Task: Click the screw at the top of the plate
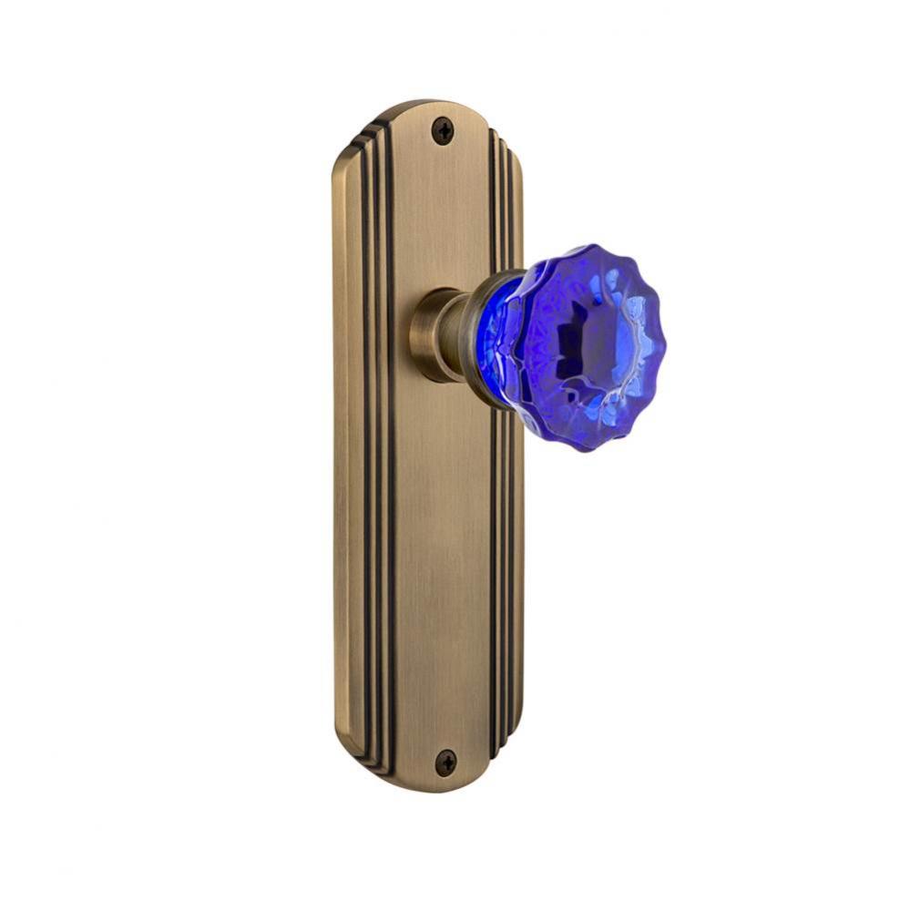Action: point(443,131)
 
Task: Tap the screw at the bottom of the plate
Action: point(445,761)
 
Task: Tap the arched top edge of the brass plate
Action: point(428,105)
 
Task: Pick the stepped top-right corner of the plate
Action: point(509,146)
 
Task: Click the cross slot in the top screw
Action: point(443,131)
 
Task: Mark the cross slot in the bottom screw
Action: point(445,761)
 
